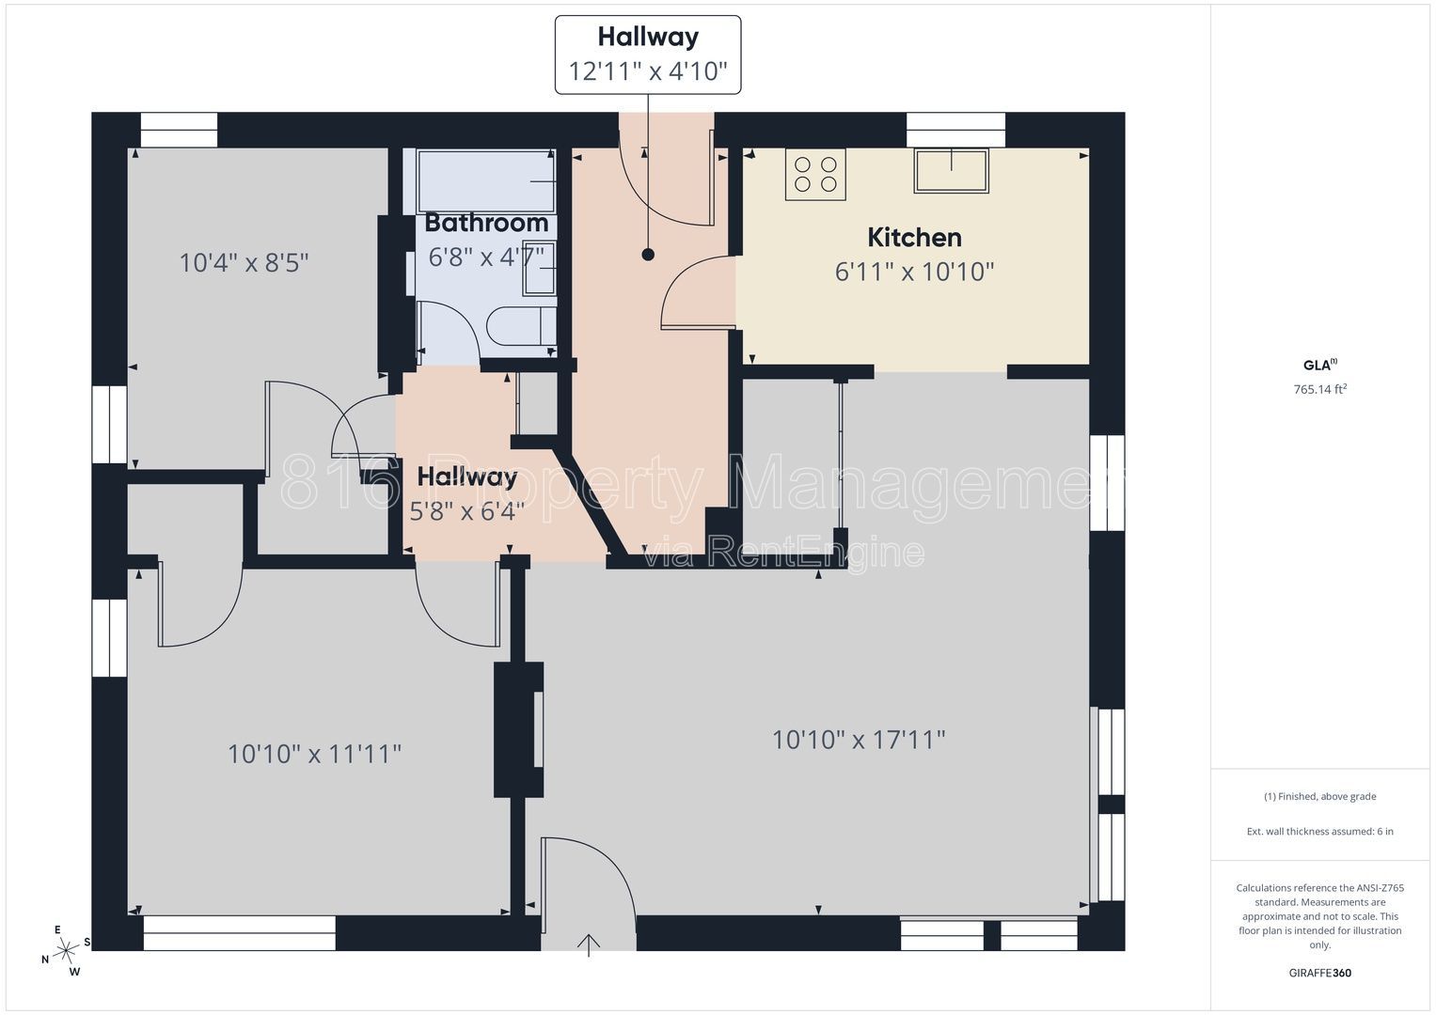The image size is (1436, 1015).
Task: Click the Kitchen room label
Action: click(914, 238)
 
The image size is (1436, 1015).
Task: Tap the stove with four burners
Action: click(815, 174)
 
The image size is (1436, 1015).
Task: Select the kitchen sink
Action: click(952, 171)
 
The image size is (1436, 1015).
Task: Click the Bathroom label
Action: click(486, 223)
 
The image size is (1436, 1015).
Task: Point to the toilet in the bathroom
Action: click(521, 327)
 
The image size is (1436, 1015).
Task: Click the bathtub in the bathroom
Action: click(485, 180)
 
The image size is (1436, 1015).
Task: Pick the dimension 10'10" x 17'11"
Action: click(859, 740)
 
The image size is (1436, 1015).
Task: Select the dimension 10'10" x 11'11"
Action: click(314, 754)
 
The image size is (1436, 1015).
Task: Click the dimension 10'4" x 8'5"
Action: click(244, 263)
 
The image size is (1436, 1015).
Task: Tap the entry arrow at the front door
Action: click(589, 945)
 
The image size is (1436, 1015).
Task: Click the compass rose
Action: click(66, 951)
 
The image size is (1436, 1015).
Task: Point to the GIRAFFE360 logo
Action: click(1320, 973)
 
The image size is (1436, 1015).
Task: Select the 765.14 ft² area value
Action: click(1320, 389)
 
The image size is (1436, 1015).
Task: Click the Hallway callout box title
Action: click(648, 38)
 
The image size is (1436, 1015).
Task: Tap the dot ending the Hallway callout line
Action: click(648, 255)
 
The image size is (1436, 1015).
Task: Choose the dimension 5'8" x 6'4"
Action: click(466, 511)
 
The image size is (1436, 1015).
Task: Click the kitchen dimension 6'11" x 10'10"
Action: click(914, 272)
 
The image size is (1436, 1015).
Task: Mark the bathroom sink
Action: click(539, 268)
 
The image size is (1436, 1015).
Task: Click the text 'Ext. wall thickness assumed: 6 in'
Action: click(1320, 831)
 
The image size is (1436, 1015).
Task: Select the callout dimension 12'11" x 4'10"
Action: click(648, 71)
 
